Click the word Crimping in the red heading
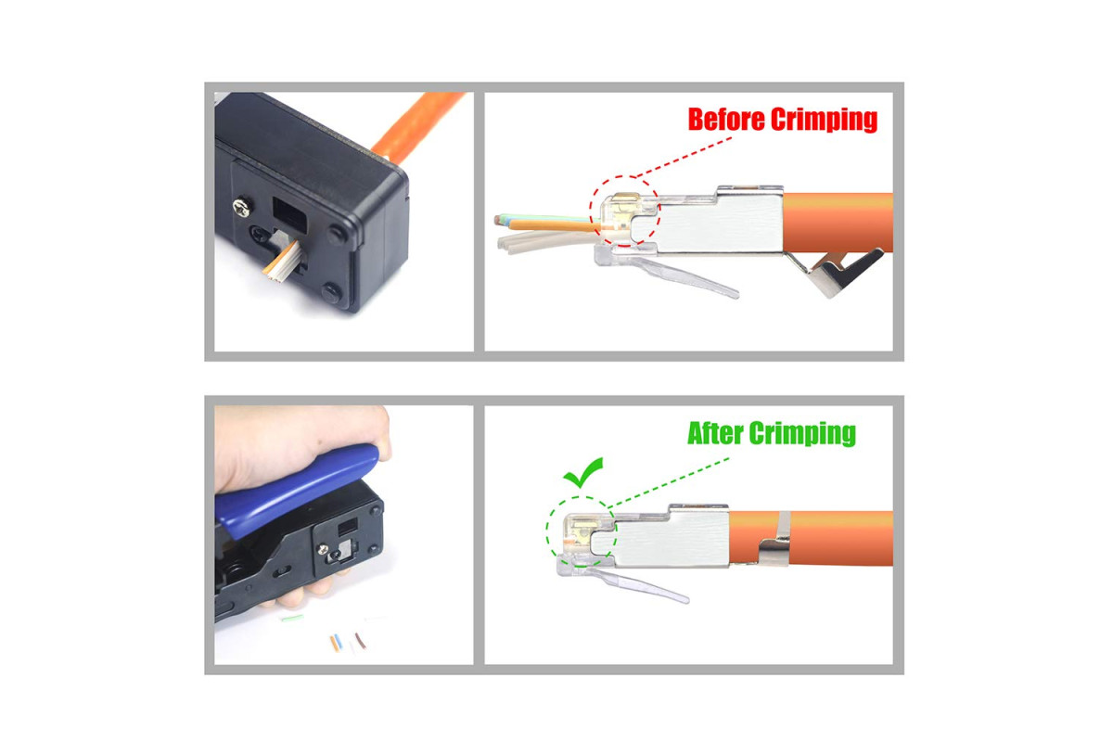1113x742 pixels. (x=824, y=121)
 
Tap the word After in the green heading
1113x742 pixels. (x=715, y=433)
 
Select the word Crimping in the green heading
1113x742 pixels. (x=802, y=434)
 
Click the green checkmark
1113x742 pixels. (x=582, y=472)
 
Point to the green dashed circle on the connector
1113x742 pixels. (x=546, y=531)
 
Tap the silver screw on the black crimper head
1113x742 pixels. (x=242, y=208)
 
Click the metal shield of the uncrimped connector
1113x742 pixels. (x=721, y=221)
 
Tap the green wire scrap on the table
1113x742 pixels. (x=291, y=619)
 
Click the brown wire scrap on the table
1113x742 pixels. (x=360, y=641)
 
